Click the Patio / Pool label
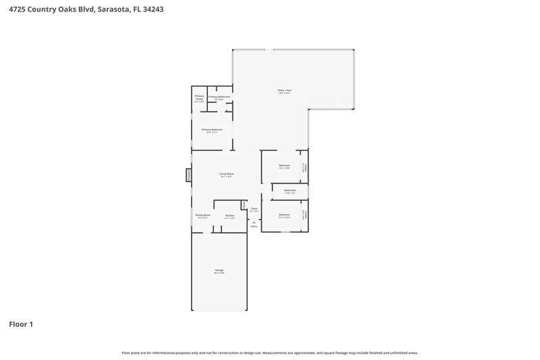(284, 91)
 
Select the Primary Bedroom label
(212, 130)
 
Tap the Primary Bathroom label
(219, 97)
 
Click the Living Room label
(226, 175)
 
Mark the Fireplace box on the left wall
(189, 175)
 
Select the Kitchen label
(230, 216)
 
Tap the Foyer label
(254, 209)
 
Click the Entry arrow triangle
(254, 222)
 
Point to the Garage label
(219, 271)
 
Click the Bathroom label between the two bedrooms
(290, 191)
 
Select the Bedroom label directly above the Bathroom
(284, 166)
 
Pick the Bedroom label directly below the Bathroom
(284, 215)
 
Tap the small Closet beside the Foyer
(244, 204)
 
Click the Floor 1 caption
(21, 324)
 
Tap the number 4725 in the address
(15, 10)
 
